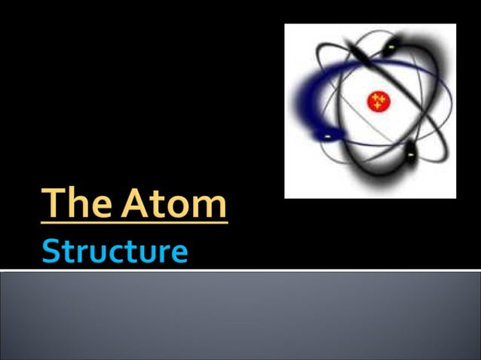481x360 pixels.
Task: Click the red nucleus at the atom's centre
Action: [x=377, y=101]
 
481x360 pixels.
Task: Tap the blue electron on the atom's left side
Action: [x=329, y=136]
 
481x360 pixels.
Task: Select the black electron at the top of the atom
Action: [x=391, y=47]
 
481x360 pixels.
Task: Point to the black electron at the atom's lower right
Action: [x=410, y=155]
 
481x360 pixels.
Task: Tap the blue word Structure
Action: [x=115, y=251]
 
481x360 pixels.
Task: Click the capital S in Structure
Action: [x=51, y=251]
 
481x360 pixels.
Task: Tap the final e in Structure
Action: [x=178, y=254]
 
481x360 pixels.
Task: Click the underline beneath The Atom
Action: [x=134, y=222]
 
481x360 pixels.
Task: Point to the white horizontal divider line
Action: [x=240, y=270]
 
